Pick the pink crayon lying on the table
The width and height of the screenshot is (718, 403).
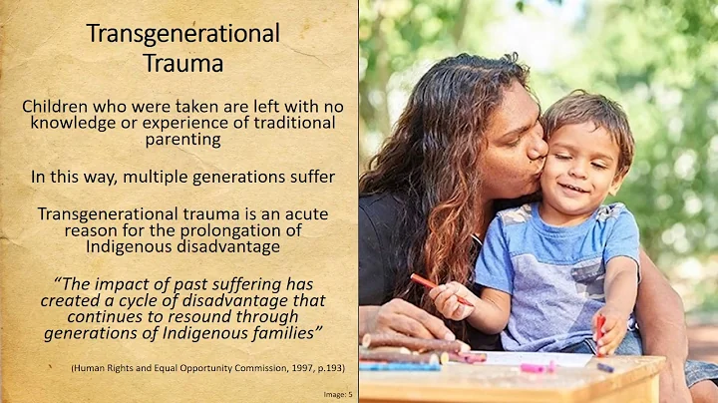click(538, 367)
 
